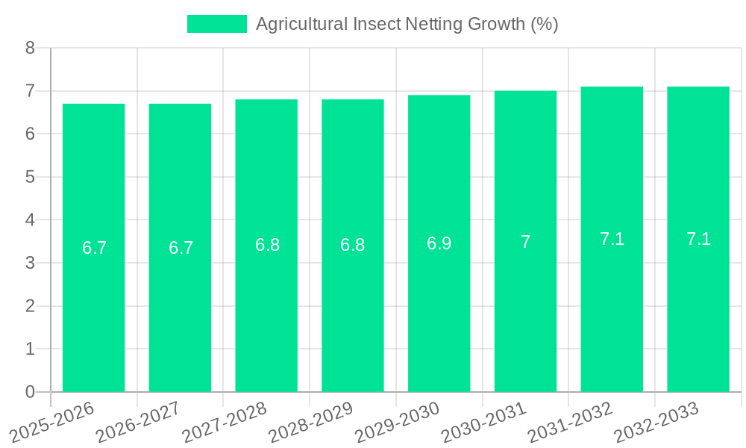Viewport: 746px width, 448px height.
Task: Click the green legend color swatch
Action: coord(216,24)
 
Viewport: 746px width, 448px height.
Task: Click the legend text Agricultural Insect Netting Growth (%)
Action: coord(407,24)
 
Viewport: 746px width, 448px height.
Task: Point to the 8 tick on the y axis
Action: coord(30,48)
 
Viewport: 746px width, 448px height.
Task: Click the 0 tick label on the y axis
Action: coord(30,392)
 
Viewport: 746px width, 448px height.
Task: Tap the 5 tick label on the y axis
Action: coord(30,177)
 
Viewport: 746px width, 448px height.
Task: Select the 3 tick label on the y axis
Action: coord(30,263)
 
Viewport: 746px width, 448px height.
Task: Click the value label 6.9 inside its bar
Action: coord(439,243)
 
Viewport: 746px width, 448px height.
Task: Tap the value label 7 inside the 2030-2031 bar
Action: coord(525,242)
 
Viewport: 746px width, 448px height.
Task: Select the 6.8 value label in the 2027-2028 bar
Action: coord(267,245)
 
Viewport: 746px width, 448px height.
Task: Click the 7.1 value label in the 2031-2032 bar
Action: coord(612,239)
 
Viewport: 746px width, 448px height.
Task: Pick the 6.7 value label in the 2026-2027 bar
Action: coord(181,248)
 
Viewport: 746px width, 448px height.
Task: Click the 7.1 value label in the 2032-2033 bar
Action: coord(698,239)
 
